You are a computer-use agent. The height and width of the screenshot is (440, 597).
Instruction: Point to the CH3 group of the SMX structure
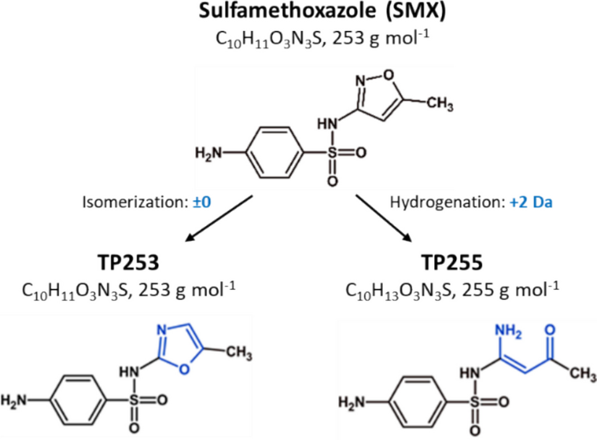(440, 105)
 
